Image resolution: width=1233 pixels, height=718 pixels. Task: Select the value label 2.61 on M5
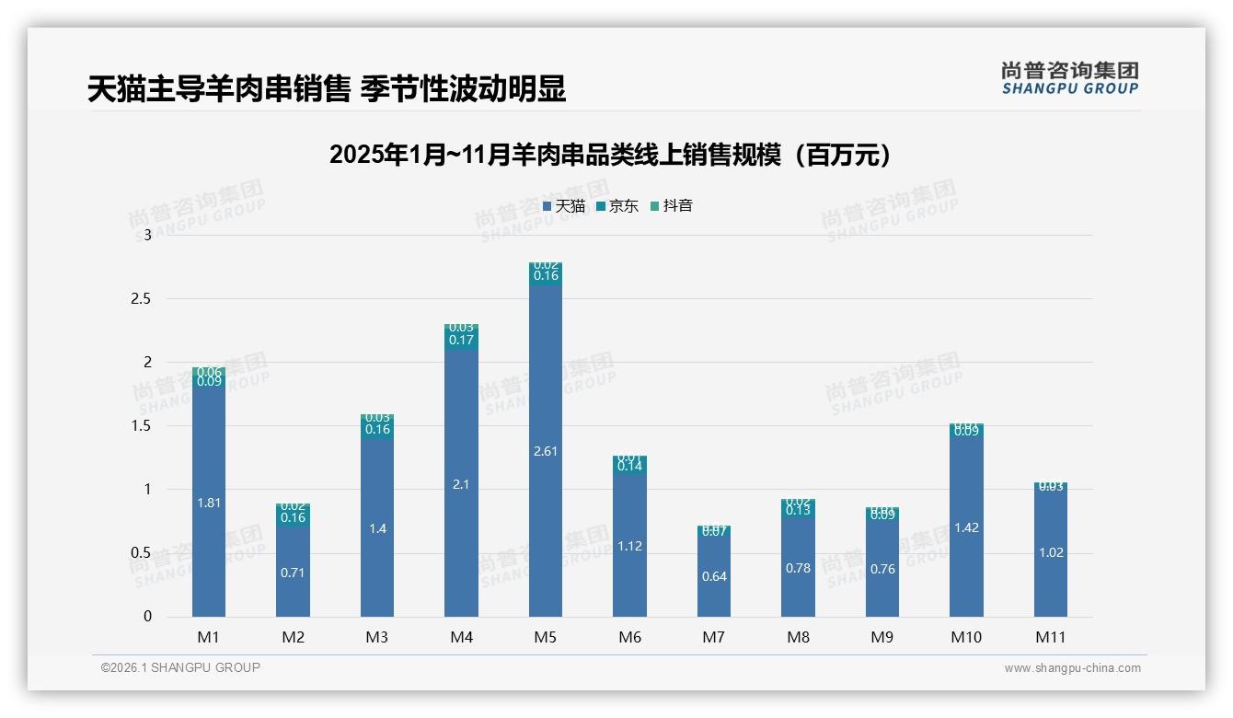coord(546,451)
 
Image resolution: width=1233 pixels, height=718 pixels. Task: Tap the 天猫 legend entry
coord(564,205)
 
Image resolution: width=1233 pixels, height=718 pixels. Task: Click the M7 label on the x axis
coord(714,637)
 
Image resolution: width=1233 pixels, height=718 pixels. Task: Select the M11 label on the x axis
coord(1050,637)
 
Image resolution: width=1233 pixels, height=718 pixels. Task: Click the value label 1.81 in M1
coord(209,503)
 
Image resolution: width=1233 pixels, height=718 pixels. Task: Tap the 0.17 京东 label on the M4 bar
coord(461,340)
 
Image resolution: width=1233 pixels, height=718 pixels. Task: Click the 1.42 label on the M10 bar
coord(966,527)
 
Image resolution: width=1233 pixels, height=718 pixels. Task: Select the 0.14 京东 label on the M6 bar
coord(629,466)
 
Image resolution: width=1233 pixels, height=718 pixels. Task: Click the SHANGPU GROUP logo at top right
coord(1070,78)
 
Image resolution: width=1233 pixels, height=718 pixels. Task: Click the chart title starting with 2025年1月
coord(610,155)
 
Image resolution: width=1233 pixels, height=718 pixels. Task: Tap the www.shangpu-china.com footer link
coord(1072,667)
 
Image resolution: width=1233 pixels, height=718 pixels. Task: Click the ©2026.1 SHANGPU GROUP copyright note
coord(180,667)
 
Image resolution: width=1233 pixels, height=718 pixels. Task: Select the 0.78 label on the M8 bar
coord(798,568)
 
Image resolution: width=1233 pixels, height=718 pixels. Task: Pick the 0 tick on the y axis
coord(147,616)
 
